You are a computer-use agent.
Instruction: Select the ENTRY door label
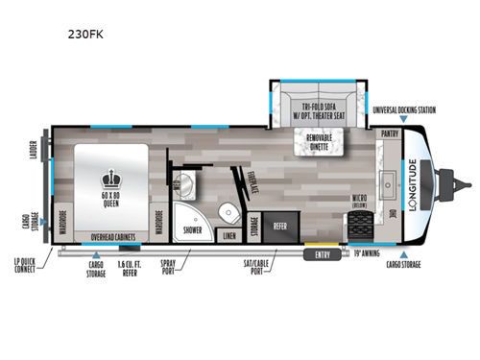[x=321, y=255]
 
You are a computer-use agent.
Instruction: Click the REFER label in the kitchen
[x=280, y=228]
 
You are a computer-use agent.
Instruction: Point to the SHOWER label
[x=192, y=230]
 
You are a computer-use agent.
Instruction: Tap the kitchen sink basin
[x=389, y=179]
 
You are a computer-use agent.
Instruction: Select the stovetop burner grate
[x=361, y=227]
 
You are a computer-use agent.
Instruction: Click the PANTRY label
[x=390, y=135]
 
